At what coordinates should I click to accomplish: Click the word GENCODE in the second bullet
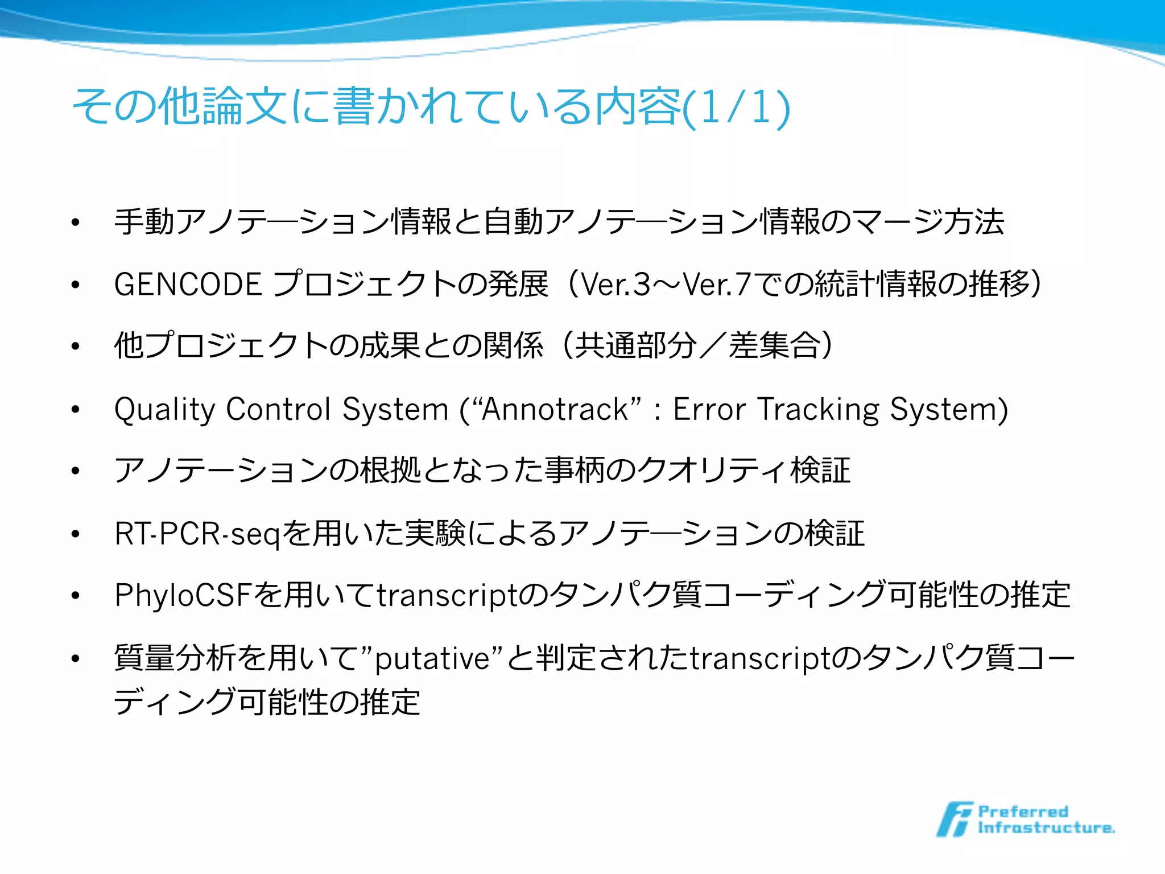(188, 284)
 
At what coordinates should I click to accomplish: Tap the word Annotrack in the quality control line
(555, 409)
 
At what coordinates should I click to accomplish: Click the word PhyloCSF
(183, 596)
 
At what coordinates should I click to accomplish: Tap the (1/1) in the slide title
(736, 107)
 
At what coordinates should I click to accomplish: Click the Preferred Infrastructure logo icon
(954, 819)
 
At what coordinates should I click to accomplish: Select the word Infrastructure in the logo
(1046, 828)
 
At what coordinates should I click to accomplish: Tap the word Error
(709, 409)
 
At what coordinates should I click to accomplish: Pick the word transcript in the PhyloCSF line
(447, 596)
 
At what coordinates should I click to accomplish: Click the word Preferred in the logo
(1023, 811)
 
